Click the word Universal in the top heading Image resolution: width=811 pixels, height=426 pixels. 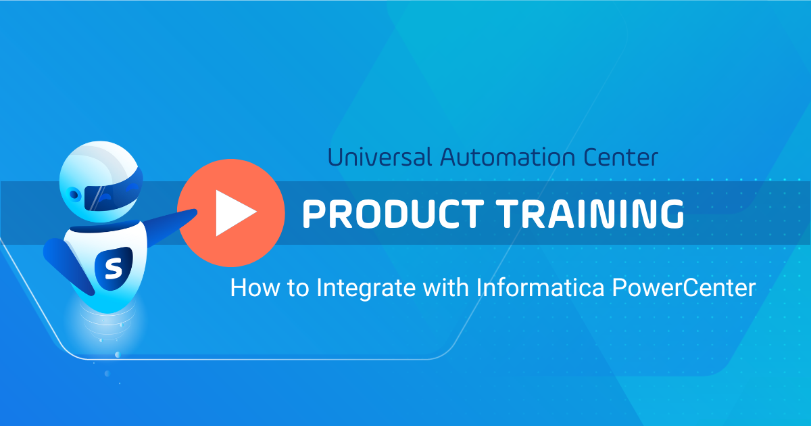coord(380,157)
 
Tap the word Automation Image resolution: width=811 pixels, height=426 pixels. coord(508,157)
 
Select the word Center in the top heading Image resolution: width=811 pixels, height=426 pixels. coord(620,157)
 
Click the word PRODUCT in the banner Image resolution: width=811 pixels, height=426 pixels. coord(393,214)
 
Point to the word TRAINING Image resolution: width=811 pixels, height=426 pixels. coord(590,214)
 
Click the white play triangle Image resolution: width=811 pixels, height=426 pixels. coord(236,213)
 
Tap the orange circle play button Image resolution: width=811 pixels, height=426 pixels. coord(231,213)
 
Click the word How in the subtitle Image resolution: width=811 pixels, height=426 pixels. coord(255,288)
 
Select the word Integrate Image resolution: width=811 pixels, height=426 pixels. coord(366,289)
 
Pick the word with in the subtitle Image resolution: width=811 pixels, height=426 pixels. coord(445,287)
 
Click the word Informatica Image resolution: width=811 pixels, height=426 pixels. coord(540,287)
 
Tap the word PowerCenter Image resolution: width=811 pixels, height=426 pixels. coord(684,288)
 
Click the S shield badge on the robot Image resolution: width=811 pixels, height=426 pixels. coord(114,268)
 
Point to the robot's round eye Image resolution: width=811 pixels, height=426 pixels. coord(74,195)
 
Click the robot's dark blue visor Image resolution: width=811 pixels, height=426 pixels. coord(112,192)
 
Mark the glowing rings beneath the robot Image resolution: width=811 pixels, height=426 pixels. coord(107,319)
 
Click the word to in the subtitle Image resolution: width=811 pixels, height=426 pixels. coord(298,289)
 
